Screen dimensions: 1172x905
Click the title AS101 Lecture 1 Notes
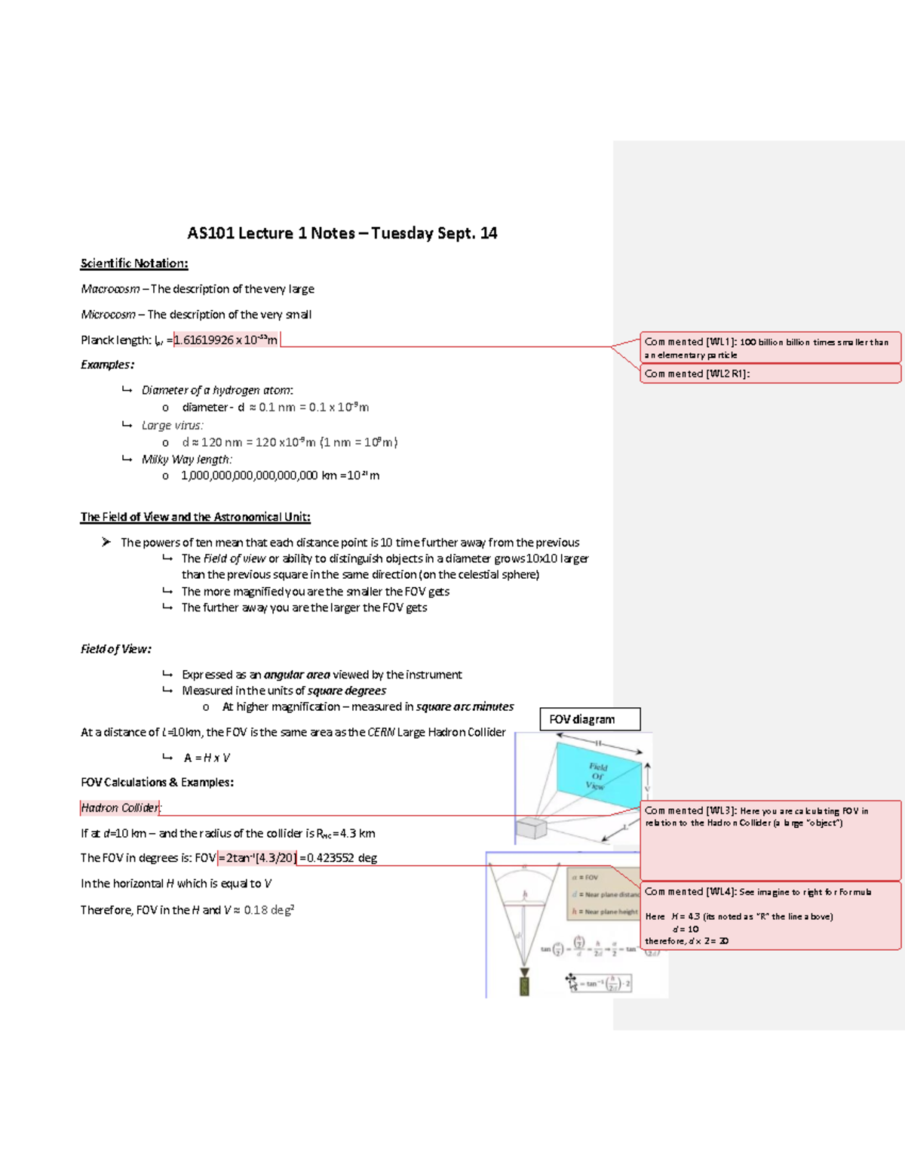[342, 233]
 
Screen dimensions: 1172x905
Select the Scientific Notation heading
[134, 263]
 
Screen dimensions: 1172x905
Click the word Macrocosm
[110, 289]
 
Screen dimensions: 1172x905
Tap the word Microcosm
[108, 315]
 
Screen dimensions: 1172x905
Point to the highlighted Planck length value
[225, 340]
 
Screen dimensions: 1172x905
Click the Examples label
[107, 365]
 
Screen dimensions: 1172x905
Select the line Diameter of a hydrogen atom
[217, 390]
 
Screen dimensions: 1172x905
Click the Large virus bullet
[172, 425]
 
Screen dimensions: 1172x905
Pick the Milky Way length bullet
[186, 459]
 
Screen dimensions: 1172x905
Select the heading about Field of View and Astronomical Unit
[195, 517]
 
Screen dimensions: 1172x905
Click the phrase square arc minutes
[465, 706]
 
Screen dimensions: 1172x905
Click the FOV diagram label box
[590, 719]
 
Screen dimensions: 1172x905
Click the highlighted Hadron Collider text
[120, 807]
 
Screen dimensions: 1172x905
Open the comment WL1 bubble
[770, 348]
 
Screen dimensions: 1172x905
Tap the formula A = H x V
[207, 758]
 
